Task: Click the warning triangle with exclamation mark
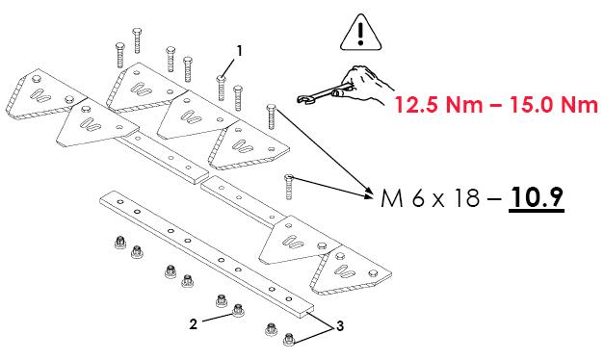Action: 360,34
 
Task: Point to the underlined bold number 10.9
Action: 537,197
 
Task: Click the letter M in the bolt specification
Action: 392,198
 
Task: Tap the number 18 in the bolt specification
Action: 466,198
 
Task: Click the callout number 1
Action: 240,51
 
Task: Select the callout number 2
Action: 194,324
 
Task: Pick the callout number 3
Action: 340,326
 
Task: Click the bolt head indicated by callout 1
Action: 222,79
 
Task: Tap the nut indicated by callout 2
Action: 237,310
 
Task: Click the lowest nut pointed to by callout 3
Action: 289,340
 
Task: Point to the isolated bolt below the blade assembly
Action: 289,187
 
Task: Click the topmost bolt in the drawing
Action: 137,40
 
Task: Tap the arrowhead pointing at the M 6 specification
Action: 369,195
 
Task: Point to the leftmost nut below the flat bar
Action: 120,243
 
